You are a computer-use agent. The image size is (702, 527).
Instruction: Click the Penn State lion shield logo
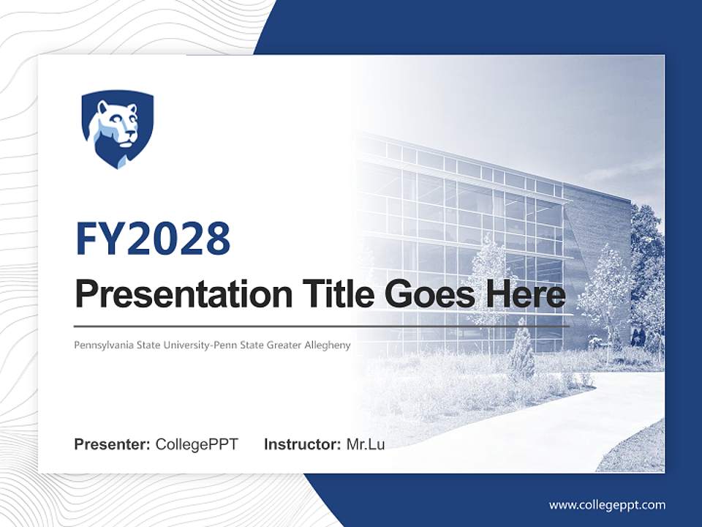click(117, 129)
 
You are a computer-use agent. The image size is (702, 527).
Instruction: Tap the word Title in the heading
click(331, 294)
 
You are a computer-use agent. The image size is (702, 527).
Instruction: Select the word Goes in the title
click(425, 294)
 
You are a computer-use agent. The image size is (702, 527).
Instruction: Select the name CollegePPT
click(197, 444)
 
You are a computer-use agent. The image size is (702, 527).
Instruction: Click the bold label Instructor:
click(302, 444)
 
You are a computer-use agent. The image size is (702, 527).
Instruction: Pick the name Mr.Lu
click(365, 444)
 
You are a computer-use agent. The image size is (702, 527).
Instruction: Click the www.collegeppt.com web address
click(607, 505)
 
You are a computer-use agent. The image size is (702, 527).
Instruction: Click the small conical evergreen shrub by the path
click(521, 355)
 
